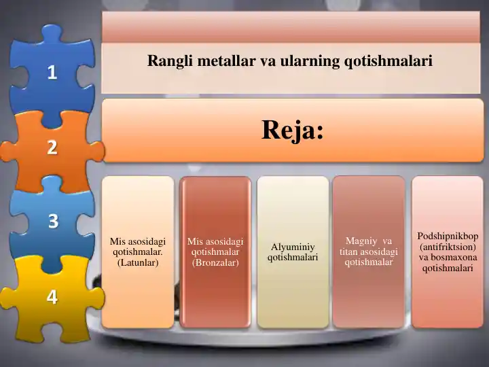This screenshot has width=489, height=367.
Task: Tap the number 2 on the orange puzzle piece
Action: point(52,147)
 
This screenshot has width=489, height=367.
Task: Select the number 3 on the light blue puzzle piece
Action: point(52,221)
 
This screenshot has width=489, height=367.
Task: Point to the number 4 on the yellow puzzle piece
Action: point(52,296)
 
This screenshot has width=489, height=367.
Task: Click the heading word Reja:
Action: point(292,129)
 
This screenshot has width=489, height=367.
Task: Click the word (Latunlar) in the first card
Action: point(138,262)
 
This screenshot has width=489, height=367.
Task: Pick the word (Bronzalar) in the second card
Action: point(215,262)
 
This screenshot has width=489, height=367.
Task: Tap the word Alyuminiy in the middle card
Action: point(293,247)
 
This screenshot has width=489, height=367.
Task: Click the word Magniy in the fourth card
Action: point(361,241)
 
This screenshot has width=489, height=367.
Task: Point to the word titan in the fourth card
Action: point(350,251)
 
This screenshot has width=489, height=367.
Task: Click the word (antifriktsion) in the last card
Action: point(448,247)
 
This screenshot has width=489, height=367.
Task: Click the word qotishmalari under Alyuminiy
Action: point(293,258)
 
